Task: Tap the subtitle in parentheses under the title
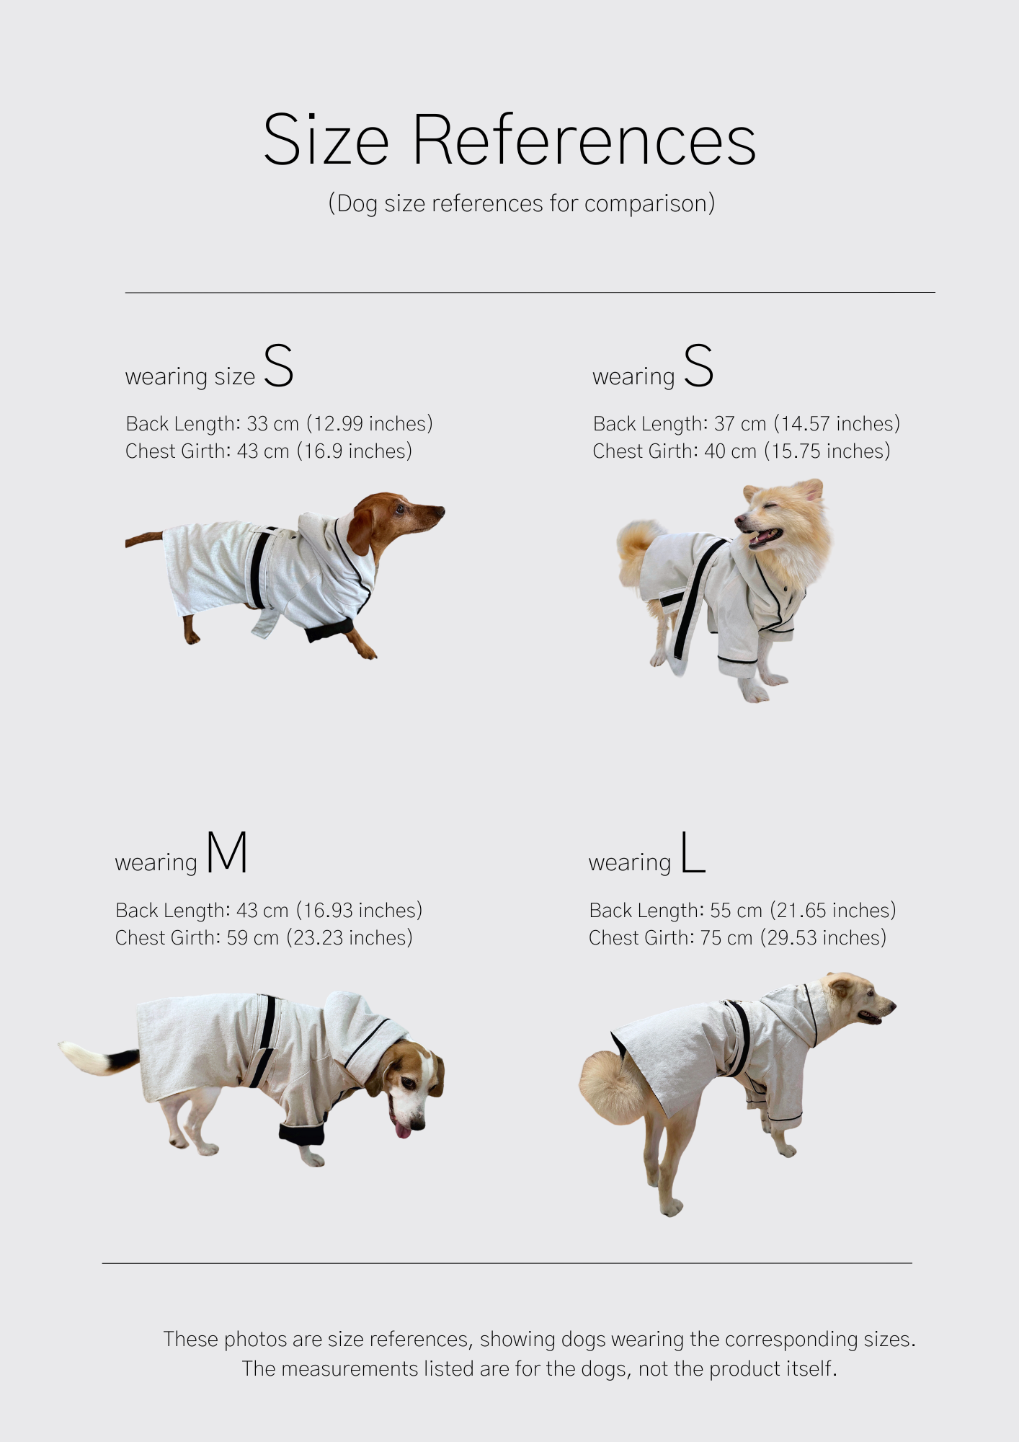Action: click(521, 203)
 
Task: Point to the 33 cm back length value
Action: click(272, 423)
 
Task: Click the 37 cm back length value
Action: click(739, 423)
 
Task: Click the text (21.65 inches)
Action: click(832, 910)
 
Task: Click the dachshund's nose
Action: click(440, 512)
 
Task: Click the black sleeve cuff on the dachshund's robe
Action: click(329, 629)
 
